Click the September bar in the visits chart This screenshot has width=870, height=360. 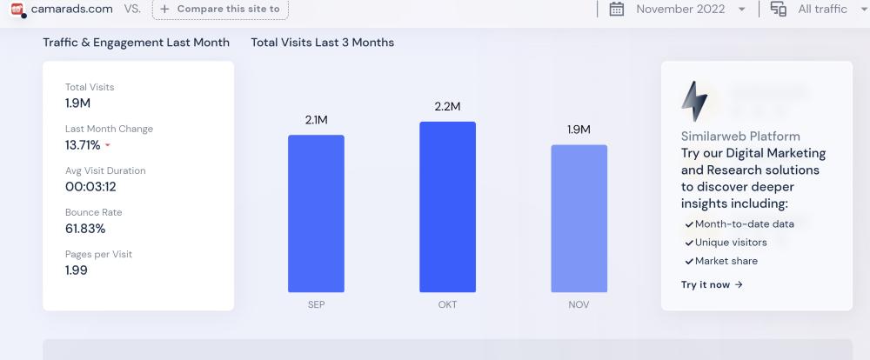pos(316,214)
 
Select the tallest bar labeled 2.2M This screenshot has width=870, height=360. pos(447,207)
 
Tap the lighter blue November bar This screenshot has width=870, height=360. pos(579,218)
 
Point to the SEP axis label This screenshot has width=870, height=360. pos(316,305)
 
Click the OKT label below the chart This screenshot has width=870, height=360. pos(447,305)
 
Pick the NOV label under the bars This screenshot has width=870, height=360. pos(579,305)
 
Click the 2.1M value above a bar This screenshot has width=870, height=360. pos(316,120)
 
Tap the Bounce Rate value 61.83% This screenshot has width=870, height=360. pos(85,229)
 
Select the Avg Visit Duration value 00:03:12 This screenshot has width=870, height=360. pos(90,186)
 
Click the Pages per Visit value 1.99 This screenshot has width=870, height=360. pos(77,270)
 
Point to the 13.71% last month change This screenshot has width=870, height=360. pos(83,145)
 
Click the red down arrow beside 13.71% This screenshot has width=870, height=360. pos(108,146)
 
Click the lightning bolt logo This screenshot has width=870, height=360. pos(694,101)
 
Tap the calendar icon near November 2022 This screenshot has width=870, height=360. pos(617,9)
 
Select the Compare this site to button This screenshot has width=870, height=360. pos(220,9)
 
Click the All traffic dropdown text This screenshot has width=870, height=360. pos(822,9)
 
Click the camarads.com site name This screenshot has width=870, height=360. pos(71,9)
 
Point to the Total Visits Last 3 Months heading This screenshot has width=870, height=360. pos(322,43)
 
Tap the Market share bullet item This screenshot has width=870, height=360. pos(726,261)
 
